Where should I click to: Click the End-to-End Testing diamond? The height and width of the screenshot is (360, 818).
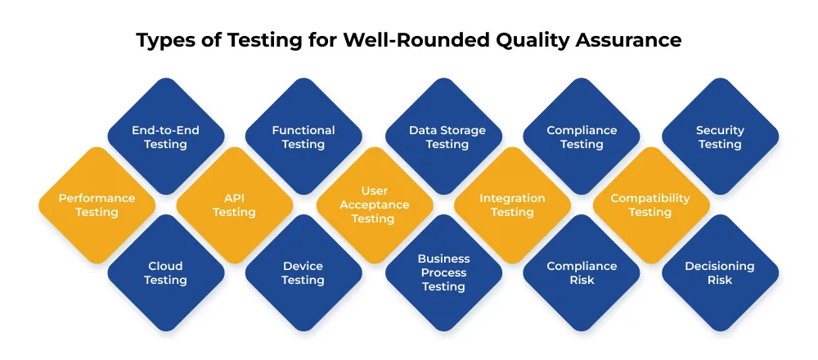coord(165,137)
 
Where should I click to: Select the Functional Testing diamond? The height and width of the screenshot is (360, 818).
coord(303,137)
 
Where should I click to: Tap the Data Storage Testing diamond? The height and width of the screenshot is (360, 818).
coord(447,137)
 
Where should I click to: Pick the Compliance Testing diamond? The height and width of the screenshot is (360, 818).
coord(582,137)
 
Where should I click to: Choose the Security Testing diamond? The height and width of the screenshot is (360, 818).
coord(720,137)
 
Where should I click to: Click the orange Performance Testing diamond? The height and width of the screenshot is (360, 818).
coord(97,205)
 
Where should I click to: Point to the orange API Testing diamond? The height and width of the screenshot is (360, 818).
coord(234,205)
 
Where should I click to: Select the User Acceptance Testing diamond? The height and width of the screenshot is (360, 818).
coord(374,205)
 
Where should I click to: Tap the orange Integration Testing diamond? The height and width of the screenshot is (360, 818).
coord(512,205)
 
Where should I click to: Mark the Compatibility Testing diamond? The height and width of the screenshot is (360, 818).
coord(650,205)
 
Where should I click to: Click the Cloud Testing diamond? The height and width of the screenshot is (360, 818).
coord(165,272)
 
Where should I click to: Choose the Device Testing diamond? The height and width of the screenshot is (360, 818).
coord(303,272)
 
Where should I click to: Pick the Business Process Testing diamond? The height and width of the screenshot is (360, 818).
coord(443,272)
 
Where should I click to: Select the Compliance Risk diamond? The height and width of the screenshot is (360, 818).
coord(582,272)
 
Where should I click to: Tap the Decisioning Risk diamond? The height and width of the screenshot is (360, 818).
coord(720,272)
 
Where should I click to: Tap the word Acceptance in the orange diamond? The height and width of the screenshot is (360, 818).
coord(374,205)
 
